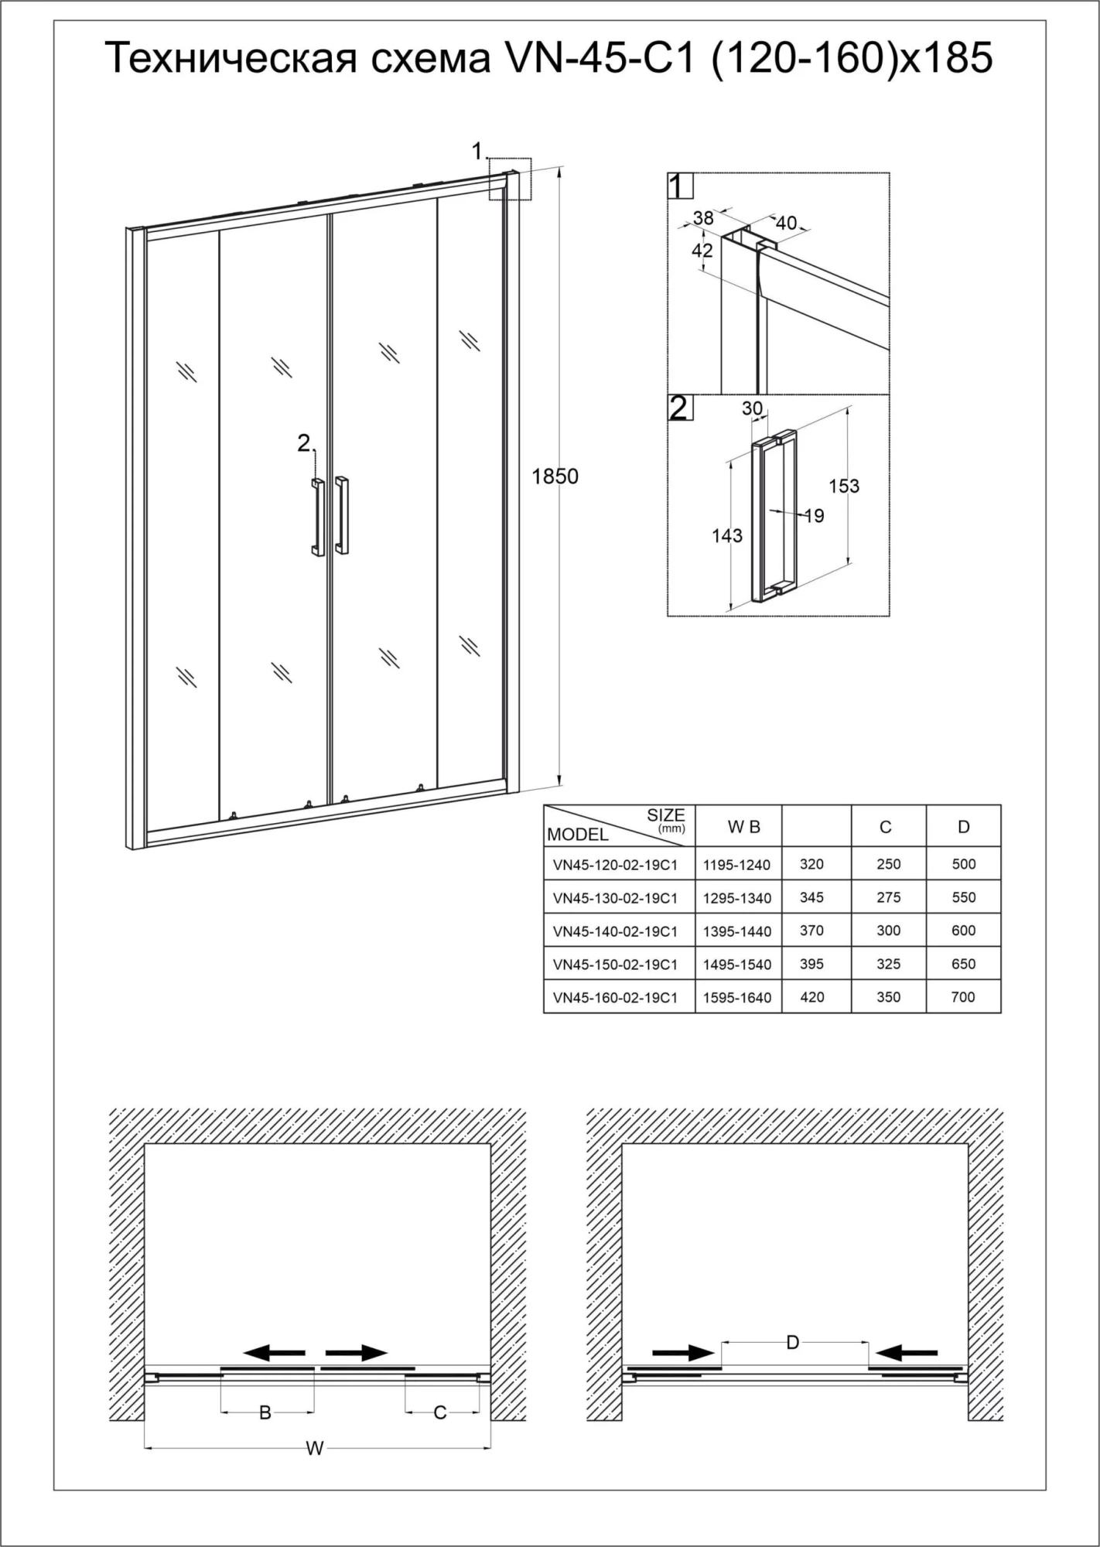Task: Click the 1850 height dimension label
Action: (x=555, y=476)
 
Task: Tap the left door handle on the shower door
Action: (x=318, y=517)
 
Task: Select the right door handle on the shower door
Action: (x=342, y=515)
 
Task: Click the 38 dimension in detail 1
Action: (x=703, y=218)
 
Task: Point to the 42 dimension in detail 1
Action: (x=702, y=251)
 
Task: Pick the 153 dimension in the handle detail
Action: (x=844, y=486)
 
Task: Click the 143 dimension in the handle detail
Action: (x=727, y=535)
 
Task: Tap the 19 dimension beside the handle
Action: (x=814, y=515)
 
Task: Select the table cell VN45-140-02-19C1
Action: (x=615, y=931)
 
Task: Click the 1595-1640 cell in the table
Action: (x=737, y=998)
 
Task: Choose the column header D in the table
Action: (x=963, y=827)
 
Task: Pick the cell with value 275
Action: (x=889, y=897)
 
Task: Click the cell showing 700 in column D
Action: (x=963, y=997)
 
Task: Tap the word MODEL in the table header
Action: (x=578, y=835)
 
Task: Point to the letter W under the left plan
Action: (x=314, y=1449)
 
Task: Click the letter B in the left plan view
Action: (x=265, y=1413)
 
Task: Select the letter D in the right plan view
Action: (x=792, y=1342)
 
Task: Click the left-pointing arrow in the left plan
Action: (x=274, y=1352)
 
